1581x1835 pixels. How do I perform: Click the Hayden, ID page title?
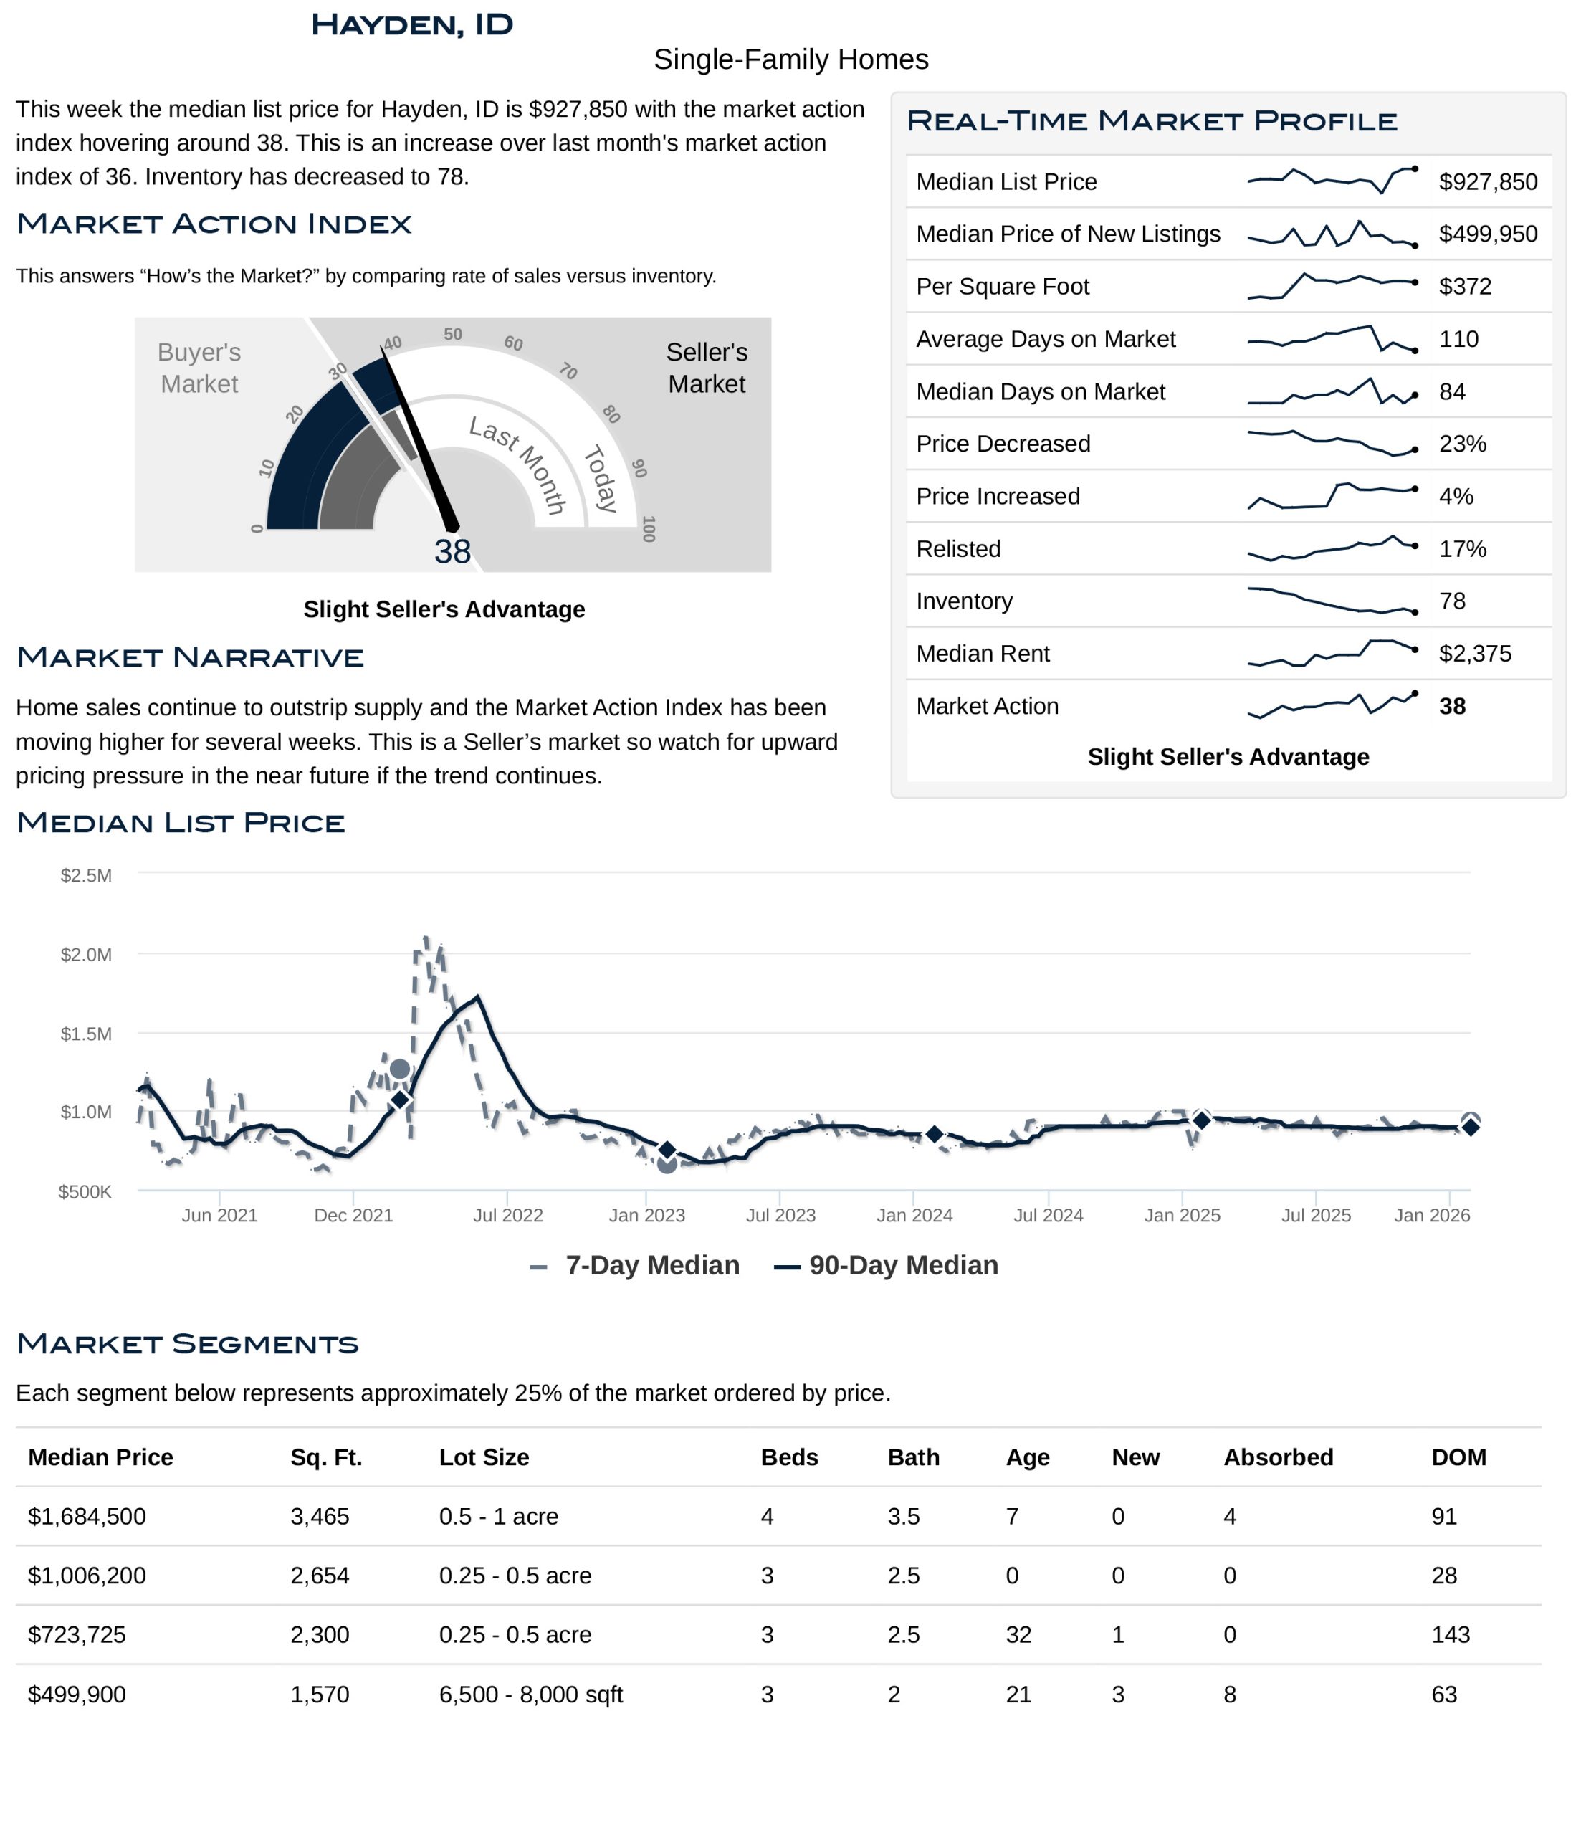tap(412, 25)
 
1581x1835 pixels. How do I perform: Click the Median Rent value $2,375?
tap(1475, 654)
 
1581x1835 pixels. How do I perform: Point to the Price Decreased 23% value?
tap(1462, 444)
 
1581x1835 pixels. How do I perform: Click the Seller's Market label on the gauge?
tap(706, 368)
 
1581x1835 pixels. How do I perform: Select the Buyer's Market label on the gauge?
tap(199, 368)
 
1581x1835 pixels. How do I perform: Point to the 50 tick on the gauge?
tap(453, 334)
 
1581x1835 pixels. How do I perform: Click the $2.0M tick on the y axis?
tap(86, 955)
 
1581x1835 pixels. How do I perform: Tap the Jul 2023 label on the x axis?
tap(780, 1215)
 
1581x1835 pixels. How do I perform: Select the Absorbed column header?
tap(1277, 1458)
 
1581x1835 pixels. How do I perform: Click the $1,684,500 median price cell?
tap(87, 1516)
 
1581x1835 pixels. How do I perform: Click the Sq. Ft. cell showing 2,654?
tap(320, 1576)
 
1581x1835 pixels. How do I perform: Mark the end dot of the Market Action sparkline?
tap(1415, 693)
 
